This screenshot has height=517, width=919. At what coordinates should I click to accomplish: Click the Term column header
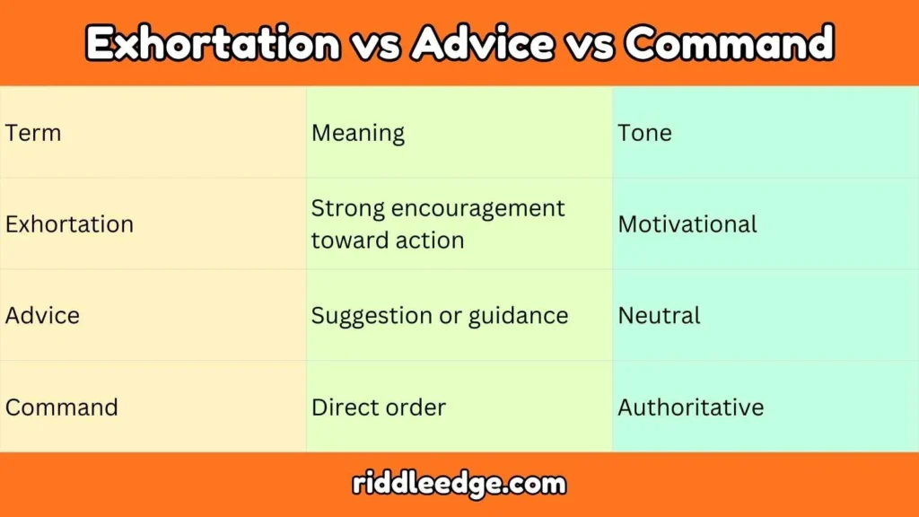coord(33,134)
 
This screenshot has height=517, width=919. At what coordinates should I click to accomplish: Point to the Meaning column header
coord(358,134)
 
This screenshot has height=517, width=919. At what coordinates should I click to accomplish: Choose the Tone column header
coord(644,134)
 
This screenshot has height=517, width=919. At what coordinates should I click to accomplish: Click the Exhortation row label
coord(69,224)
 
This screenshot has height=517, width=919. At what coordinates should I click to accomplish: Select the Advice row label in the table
coord(42,316)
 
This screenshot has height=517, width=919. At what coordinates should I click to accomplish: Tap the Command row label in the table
coord(61,407)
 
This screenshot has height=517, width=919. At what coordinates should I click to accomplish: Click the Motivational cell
coord(687,224)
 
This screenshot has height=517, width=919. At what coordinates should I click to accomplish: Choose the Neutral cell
coord(659,316)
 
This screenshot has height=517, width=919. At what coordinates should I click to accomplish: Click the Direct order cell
coord(378,407)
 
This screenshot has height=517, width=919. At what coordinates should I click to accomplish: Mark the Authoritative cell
coord(690,407)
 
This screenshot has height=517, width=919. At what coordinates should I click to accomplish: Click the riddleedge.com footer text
coord(459,485)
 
